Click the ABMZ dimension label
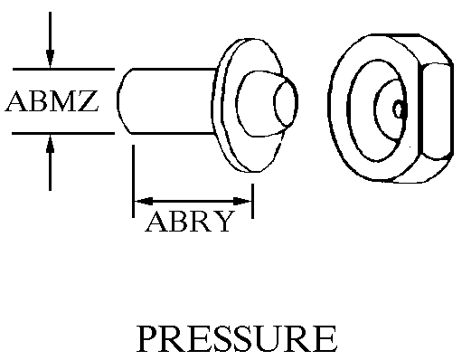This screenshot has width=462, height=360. tap(52, 101)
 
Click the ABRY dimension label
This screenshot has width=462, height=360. tap(190, 222)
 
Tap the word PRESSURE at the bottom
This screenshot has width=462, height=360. tap(237, 338)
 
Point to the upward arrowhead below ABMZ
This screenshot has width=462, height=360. tap(50, 145)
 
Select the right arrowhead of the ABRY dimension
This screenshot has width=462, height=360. tap(241, 201)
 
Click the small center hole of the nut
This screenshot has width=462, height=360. tap(399, 109)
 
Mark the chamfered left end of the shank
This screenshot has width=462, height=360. tap(124, 101)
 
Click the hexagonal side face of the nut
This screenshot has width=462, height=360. tap(436, 111)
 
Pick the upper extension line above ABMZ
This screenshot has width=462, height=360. tap(63, 69)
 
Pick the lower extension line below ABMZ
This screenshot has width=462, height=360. tap(63, 133)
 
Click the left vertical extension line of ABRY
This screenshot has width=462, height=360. tap(133, 181)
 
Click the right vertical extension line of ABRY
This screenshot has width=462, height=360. tap(252, 201)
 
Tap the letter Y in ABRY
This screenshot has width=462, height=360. tap(223, 222)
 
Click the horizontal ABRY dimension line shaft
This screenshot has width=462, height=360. tap(193, 201)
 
